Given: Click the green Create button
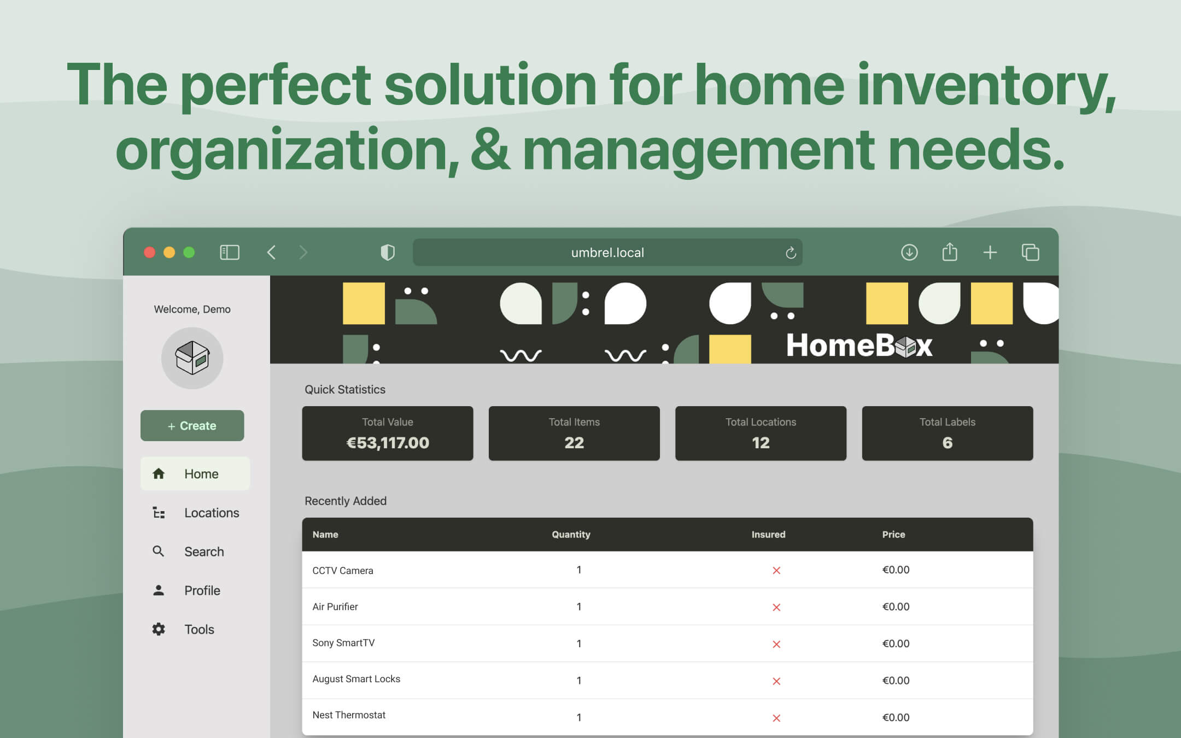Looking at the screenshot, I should pyautogui.click(x=192, y=426).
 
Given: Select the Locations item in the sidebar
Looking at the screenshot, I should pyautogui.click(x=211, y=513).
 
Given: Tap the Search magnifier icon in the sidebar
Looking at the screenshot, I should pyautogui.click(x=159, y=552).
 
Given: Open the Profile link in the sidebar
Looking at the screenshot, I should pyautogui.click(x=202, y=590).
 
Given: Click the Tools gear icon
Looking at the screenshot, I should pyautogui.click(x=159, y=629).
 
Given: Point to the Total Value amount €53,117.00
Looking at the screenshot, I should pyautogui.click(x=388, y=443).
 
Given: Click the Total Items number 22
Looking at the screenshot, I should pyautogui.click(x=574, y=443).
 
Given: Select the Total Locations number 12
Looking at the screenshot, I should pyautogui.click(x=761, y=443).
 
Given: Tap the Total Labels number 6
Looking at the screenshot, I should pyautogui.click(x=947, y=443).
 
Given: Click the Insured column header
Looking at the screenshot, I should pyautogui.click(x=768, y=535).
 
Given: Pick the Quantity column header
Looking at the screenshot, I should pyautogui.click(x=571, y=535).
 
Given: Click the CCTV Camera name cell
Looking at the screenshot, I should pyautogui.click(x=343, y=571).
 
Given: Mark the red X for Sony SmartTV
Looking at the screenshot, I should pyautogui.click(x=776, y=644).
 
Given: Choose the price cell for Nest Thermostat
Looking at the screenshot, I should pyautogui.click(x=896, y=717).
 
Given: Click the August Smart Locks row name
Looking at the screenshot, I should pyautogui.click(x=356, y=679).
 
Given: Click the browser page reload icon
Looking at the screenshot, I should pyautogui.click(x=791, y=253).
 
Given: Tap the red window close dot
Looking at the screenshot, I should pyautogui.click(x=149, y=252).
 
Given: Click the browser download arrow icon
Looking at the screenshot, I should pyautogui.click(x=909, y=253).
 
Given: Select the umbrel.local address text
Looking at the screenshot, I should pyautogui.click(x=607, y=253).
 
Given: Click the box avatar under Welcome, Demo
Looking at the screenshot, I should pyautogui.click(x=192, y=358).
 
